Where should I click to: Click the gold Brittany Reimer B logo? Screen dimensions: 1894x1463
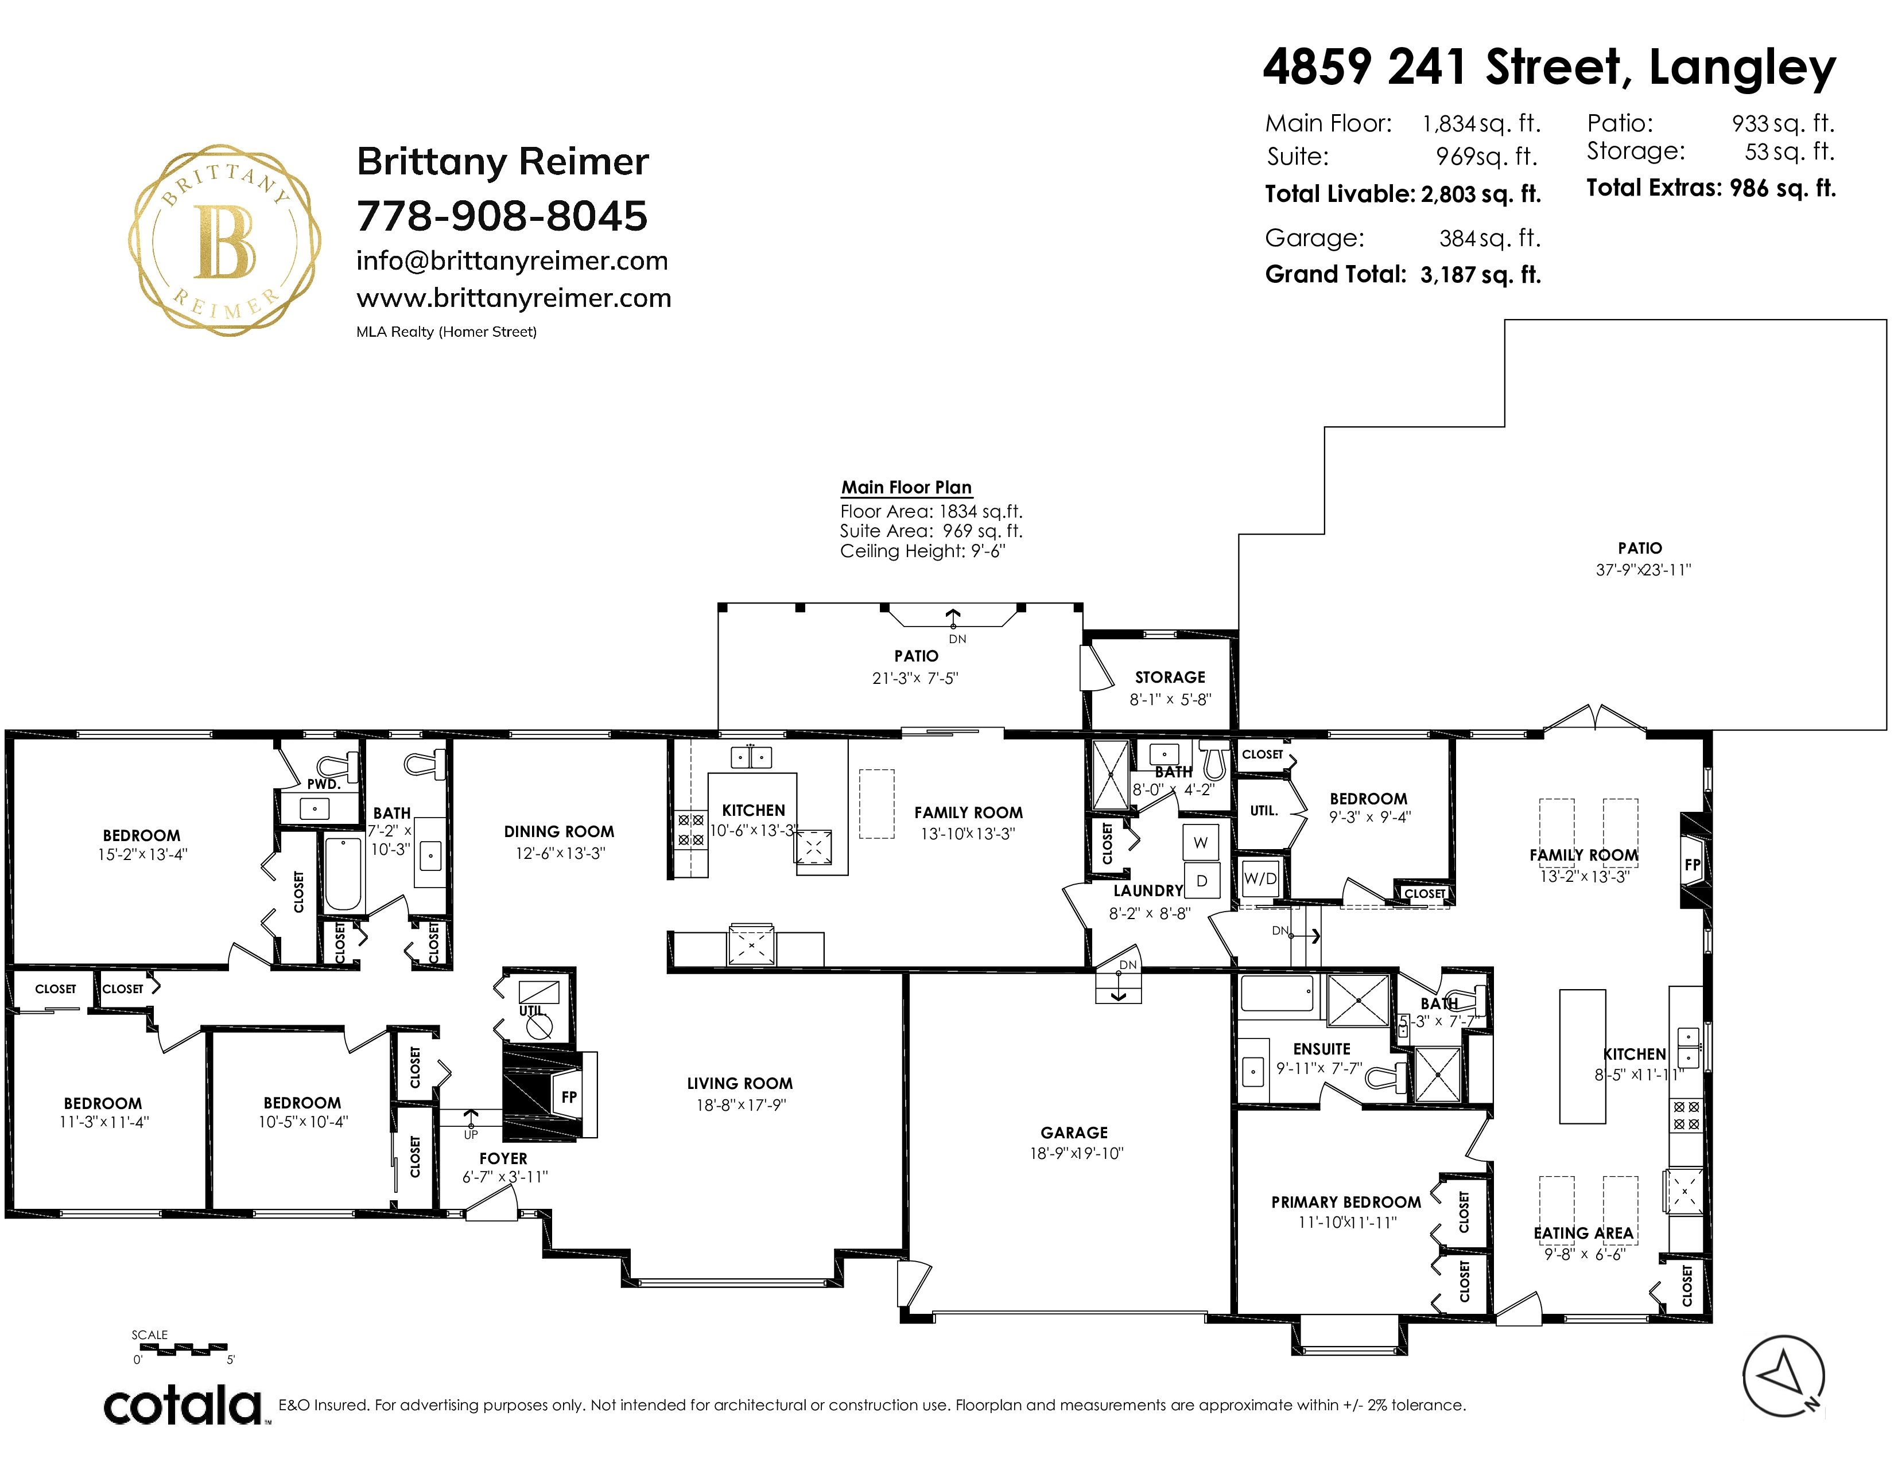[224, 240]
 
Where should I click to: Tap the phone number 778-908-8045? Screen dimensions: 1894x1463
[502, 216]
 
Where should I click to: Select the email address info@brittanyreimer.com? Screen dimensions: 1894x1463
[511, 261]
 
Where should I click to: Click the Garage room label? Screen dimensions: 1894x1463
[1074, 1132]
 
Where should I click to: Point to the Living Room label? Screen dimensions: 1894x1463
[740, 1083]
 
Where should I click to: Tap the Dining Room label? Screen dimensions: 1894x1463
[560, 831]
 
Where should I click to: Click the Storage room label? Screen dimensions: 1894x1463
[1170, 677]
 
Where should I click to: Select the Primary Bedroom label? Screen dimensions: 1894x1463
[1346, 1202]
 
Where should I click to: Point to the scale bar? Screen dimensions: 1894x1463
[183, 1349]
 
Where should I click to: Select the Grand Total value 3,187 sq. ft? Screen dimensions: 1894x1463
[1480, 275]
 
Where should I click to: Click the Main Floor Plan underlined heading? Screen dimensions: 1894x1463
[906, 487]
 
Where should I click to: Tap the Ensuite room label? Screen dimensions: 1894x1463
[1322, 1049]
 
